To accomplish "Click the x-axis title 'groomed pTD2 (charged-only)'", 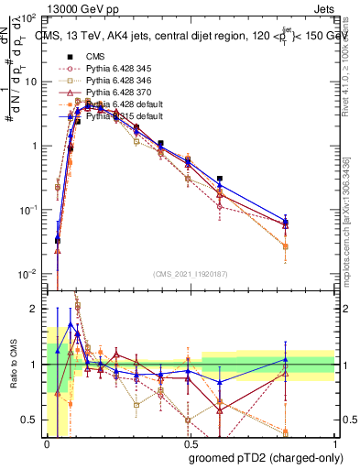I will [264, 458].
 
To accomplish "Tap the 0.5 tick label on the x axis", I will [191, 442].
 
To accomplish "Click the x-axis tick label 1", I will [335, 442].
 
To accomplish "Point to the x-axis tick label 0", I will [47, 442].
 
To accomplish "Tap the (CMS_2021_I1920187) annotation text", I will [191, 273].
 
